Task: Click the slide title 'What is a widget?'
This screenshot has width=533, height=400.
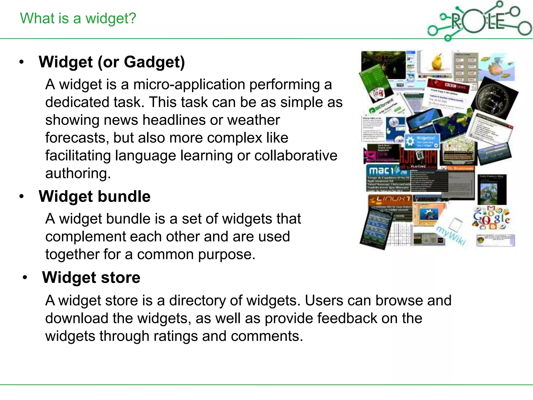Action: click(x=78, y=18)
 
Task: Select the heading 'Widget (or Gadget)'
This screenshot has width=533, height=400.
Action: click(x=112, y=62)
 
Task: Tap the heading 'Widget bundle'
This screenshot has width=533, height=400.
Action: click(x=94, y=196)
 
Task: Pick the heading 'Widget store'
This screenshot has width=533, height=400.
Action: click(x=91, y=278)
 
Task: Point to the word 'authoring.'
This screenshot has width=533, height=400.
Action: click(x=78, y=173)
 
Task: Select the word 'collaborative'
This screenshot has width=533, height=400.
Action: click(x=295, y=156)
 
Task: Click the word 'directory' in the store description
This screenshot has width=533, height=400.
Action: click(x=197, y=301)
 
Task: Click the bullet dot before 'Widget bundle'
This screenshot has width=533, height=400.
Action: click(x=22, y=197)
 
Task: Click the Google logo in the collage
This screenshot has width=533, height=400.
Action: click(x=491, y=218)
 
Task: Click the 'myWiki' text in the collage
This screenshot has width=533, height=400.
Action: click(x=451, y=236)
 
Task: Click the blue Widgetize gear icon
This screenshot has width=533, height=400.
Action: click(x=410, y=141)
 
